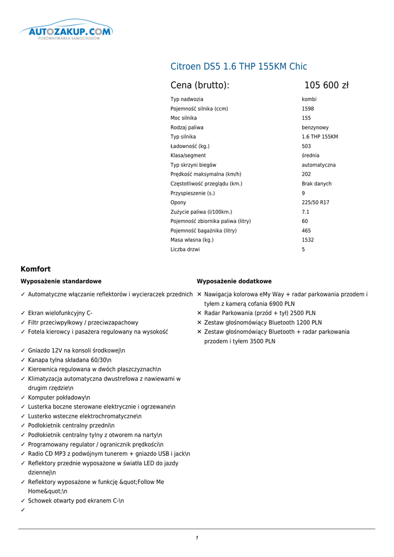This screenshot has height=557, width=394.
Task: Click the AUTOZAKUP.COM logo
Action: point(66,33)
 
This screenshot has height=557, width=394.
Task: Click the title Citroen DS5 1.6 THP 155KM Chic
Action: point(239,66)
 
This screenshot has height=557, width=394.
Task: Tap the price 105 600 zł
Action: point(326,85)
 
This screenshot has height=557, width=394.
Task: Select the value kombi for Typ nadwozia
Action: point(309,100)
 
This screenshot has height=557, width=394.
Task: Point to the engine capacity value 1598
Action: point(308,109)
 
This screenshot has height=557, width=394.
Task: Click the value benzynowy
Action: point(315,128)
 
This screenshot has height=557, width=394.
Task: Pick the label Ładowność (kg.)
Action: point(190,146)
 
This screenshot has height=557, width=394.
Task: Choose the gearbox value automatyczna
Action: point(318,165)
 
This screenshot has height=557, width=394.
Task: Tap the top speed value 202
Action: point(306,175)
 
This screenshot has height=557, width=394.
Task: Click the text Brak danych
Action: point(316,184)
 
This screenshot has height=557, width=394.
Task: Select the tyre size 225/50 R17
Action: point(315,203)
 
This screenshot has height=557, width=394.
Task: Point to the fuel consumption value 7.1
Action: point(305,212)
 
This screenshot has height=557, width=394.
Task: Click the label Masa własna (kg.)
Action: point(192,240)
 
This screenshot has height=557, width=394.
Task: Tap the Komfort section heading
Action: point(35,269)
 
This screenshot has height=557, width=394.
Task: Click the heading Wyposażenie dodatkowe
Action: point(234,282)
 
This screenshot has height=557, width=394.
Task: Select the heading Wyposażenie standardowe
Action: point(61,282)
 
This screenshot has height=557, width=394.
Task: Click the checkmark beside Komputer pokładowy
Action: point(23,398)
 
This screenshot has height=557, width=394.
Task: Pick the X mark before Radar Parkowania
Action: point(199,313)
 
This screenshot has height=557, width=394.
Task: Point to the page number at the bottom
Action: point(197,538)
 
